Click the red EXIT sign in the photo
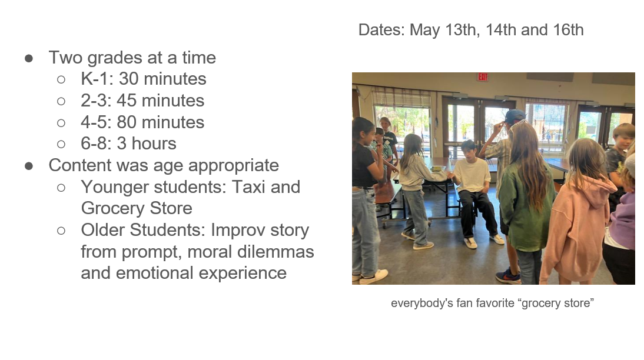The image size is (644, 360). click(x=483, y=76)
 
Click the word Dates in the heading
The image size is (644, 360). click(x=381, y=30)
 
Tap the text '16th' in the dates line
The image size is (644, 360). click(x=568, y=30)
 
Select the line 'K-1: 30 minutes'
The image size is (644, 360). click(x=143, y=79)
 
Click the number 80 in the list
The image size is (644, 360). click(x=127, y=122)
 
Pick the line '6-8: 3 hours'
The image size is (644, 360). click(x=128, y=144)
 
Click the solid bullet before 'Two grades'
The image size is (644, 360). click(x=29, y=58)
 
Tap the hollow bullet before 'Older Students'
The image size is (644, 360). click(x=61, y=231)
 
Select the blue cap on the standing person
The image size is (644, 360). click(x=514, y=115)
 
